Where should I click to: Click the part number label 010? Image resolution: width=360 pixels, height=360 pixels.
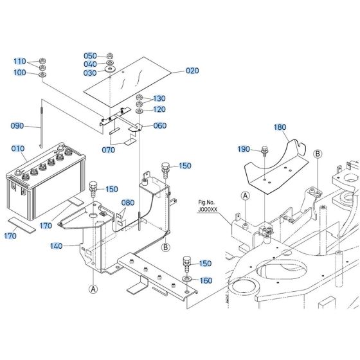pos(18,149)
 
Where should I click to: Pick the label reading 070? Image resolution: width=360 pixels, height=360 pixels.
pos(108,150)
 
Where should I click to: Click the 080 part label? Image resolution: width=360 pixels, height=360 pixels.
pos(129,203)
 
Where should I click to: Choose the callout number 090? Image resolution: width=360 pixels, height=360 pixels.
pos(18,126)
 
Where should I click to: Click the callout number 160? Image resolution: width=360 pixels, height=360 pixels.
pos(204,280)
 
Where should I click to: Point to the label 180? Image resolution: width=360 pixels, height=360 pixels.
pos(280,127)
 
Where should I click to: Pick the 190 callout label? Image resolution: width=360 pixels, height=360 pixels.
pos(244,149)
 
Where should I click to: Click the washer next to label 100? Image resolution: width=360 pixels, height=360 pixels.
pos(42,75)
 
